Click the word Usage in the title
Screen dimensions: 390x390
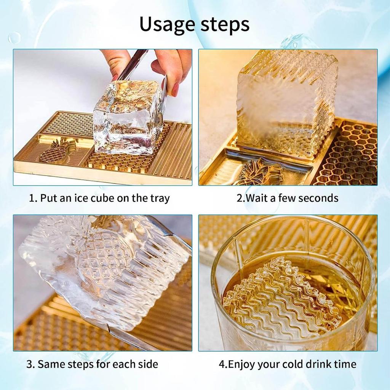tap(167, 24)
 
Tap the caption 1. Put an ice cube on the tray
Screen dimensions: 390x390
tap(99, 198)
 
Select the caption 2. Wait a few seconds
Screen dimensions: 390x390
tap(288, 198)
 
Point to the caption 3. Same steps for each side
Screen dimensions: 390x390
tap(92, 364)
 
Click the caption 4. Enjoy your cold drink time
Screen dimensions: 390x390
tap(288, 364)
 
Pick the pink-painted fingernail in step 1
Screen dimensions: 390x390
tap(175, 89)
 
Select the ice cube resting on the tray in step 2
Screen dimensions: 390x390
tap(286, 103)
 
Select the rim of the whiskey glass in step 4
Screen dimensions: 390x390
tap(289, 221)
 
